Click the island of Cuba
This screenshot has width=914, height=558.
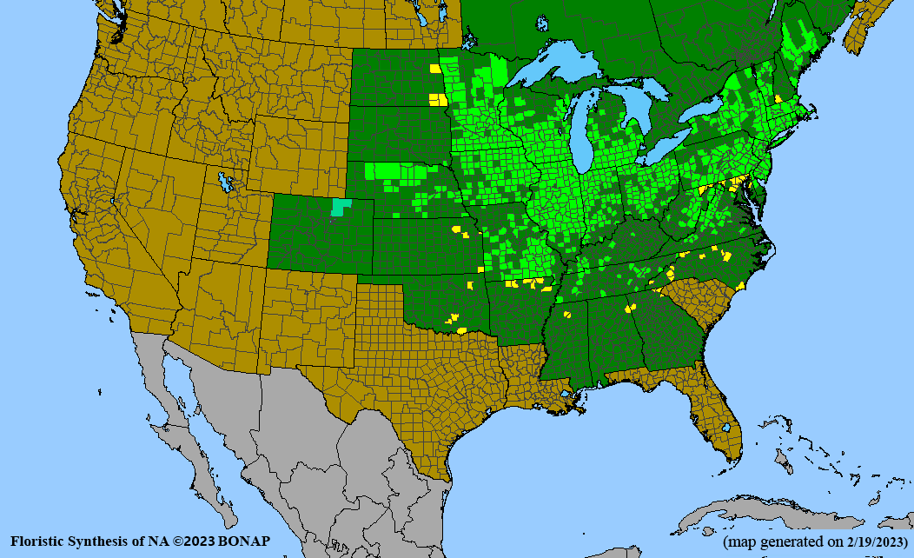tap(765, 508)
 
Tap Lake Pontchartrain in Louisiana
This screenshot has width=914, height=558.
tap(568, 393)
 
